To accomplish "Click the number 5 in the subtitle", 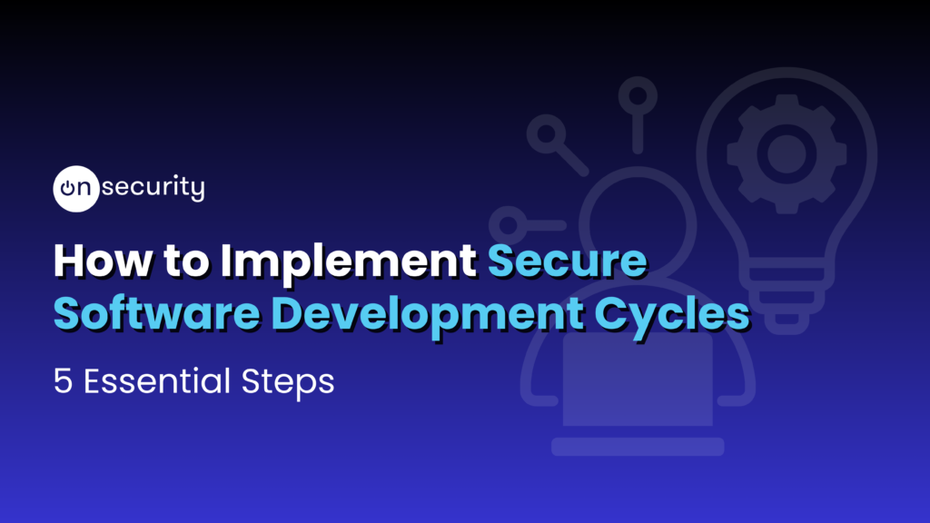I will pos(63,380).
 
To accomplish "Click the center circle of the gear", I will pos(779,152).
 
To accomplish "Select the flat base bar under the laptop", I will pos(637,446).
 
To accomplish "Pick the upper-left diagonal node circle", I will pos(547,135).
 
